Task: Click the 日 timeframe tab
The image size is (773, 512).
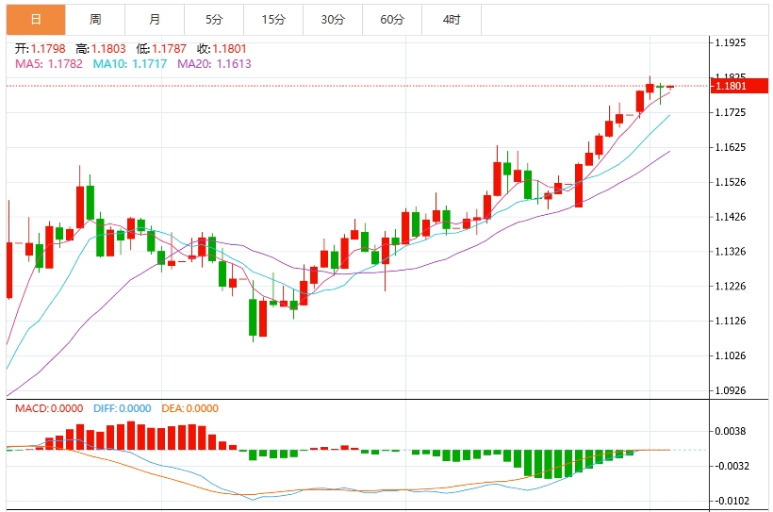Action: click(36, 20)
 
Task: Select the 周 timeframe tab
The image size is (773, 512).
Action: click(95, 20)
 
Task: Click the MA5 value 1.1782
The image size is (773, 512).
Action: click(64, 64)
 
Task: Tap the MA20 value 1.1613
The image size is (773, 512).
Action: click(234, 64)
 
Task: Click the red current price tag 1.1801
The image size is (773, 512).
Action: click(734, 86)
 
